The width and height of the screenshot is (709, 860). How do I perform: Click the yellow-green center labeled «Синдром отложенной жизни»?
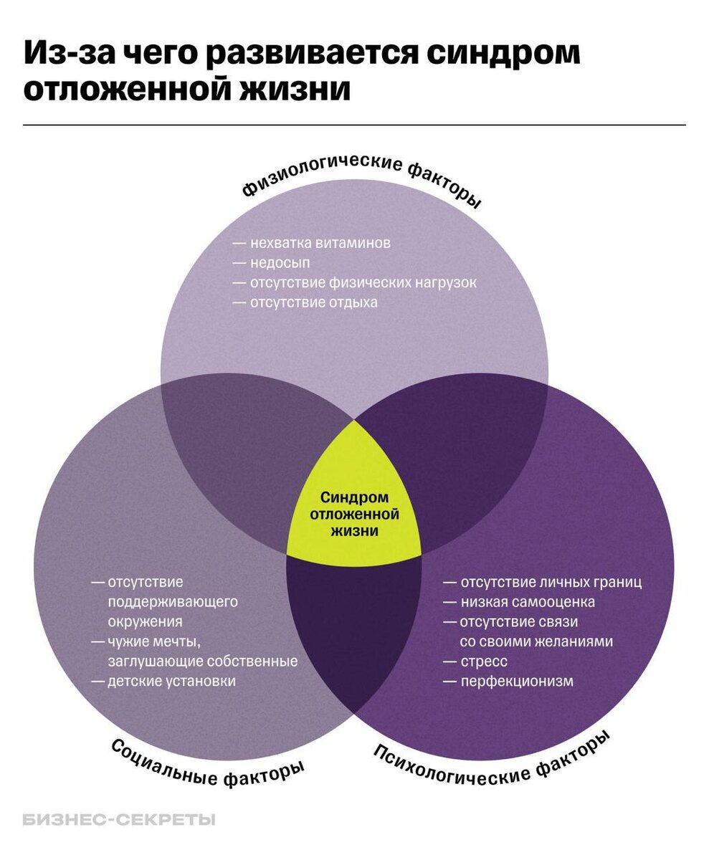click(x=353, y=513)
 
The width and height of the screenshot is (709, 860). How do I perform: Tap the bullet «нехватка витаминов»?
click(x=320, y=243)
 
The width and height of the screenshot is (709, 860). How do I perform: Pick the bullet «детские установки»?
click(x=171, y=681)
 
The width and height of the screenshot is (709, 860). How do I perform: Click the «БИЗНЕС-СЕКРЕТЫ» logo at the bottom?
click(x=119, y=820)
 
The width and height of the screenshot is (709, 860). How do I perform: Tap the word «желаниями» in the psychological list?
click(x=573, y=641)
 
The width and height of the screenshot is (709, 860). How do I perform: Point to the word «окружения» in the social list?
click(x=145, y=621)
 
